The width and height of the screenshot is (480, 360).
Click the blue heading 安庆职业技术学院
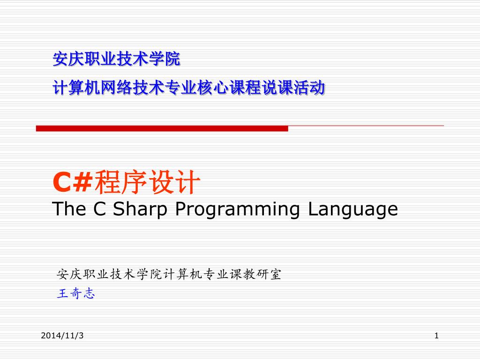(x=116, y=59)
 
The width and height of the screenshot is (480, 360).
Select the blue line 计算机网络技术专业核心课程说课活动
(x=188, y=88)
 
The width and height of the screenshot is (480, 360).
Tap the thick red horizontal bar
(x=162, y=128)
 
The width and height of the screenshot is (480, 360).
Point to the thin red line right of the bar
(x=366, y=126)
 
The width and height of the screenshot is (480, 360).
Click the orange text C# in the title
(x=73, y=182)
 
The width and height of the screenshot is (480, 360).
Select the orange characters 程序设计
(x=147, y=182)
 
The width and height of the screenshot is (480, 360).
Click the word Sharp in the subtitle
(x=140, y=210)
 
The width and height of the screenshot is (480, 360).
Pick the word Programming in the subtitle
(x=238, y=210)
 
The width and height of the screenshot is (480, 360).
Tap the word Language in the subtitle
(x=353, y=210)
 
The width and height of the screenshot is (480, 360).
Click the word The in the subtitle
(x=69, y=209)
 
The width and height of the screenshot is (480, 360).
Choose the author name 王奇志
(x=76, y=293)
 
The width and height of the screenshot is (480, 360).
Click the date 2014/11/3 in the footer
(x=62, y=336)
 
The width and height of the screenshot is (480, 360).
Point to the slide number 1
(x=436, y=336)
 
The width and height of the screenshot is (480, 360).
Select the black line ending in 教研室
(x=169, y=274)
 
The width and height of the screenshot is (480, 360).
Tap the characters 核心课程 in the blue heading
(x=229, y=88)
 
